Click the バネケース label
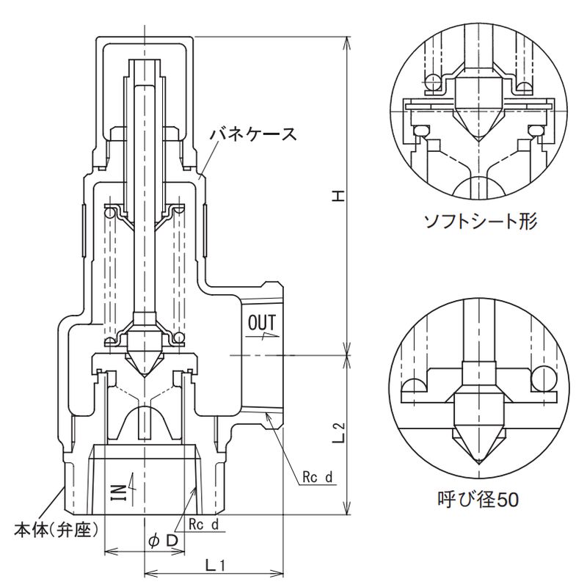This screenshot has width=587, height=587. tap(252, 134)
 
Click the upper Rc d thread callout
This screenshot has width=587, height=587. tap(318, 478)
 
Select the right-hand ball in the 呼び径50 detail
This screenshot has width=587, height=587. tap(545, 378)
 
